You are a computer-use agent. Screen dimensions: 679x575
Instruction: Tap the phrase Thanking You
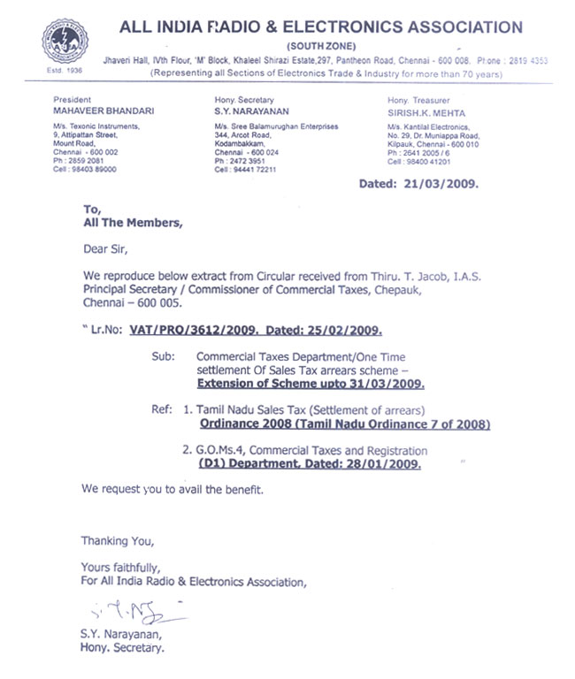tap(118, 540)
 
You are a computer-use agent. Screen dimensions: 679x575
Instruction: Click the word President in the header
tap(72, 101)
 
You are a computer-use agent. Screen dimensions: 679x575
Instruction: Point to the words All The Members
tap(134, 223)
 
